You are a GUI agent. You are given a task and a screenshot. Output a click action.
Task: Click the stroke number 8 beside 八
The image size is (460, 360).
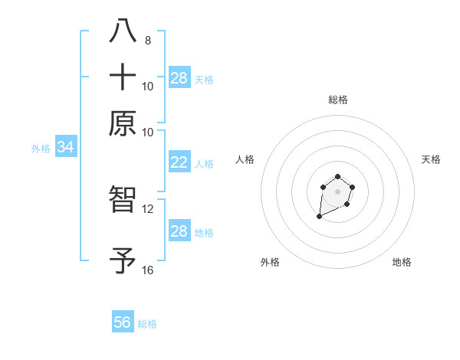(148, 40)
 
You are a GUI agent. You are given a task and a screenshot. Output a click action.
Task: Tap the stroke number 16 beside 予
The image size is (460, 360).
(148, 270)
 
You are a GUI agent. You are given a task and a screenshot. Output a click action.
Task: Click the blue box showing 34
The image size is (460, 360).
(65, 148)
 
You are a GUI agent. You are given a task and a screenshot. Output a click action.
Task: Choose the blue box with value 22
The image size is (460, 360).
(179, 162)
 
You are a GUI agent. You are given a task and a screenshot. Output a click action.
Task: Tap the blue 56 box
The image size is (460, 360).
(123, 322)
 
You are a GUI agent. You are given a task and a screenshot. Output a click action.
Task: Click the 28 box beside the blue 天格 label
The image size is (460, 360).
(179, 78)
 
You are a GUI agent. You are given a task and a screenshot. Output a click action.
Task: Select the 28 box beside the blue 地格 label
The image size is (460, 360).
(179, 231)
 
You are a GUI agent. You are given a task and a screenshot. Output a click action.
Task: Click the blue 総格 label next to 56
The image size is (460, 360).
(147, 324)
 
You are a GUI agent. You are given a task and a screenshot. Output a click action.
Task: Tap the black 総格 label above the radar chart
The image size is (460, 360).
(337, 100)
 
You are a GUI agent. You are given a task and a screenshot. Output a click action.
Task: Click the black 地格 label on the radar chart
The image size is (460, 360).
(402, 263)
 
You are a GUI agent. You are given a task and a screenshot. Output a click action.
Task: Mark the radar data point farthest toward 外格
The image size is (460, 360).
(319, 218)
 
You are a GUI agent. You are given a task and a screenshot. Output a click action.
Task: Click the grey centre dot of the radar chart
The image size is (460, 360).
(337, 191)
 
